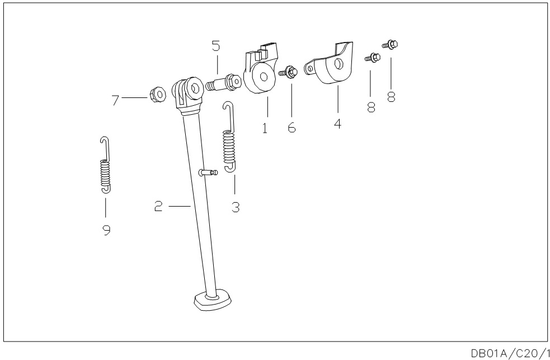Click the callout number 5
click(215, 46)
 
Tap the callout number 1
click(265, 128)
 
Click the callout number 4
click(338, 123)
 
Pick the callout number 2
click(158, 207)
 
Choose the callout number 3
click(236, 207)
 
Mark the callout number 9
click(106, 229)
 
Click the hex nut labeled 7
click(158, 95)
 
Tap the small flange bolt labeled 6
click(288, 72)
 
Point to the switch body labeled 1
click(261, 76)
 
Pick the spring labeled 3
click(228, 143)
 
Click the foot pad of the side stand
click(212, 301)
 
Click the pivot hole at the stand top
click(195, 87)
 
